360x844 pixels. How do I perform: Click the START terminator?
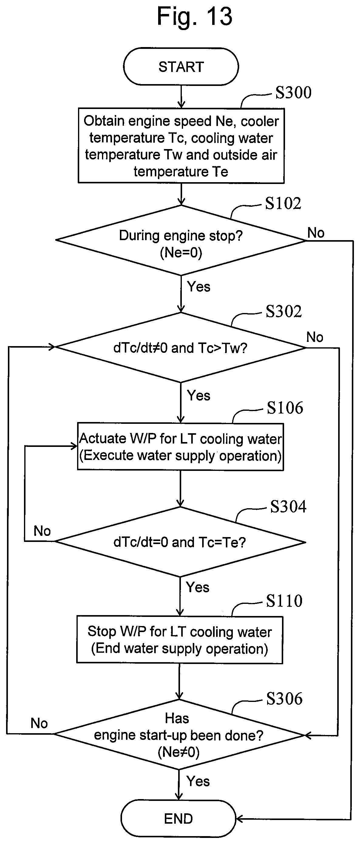[x=181, y=66]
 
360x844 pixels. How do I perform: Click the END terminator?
[x=178, y=818]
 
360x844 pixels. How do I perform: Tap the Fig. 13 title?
[x=195, y=16]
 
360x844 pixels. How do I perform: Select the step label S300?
[x=293, y=92]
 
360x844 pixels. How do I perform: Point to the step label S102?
[x=283, y=203]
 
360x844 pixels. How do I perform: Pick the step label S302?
[x=284, y=311]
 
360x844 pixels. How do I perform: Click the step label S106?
[x=285, y=408]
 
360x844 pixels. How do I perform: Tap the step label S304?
[x=288, y=506]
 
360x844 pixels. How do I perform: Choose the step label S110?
[x=284, y=601]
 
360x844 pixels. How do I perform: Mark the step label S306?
[x=284, y=699]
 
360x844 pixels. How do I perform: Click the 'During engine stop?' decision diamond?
[x=181, y=240]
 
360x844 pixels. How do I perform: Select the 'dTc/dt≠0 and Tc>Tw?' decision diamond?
[x=181, y=347]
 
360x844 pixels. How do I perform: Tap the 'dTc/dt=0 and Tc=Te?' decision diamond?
[x=180, y=542]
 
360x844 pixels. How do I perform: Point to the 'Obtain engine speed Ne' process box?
[x=181, y=146]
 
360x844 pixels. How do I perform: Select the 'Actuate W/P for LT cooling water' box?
[x=181, y=447]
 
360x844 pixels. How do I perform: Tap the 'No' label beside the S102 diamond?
[x=316, y=233]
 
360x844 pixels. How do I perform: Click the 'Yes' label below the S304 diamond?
[x=198, y=587]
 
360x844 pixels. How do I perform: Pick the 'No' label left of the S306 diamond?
[x=39, y=723]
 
